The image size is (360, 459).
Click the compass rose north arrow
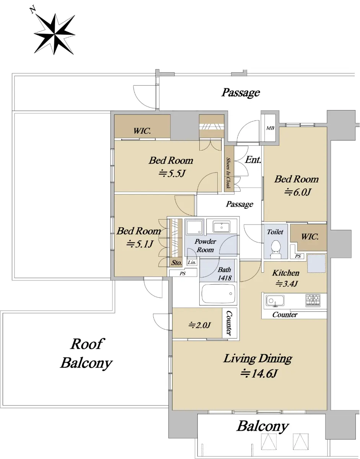tap(54, 34)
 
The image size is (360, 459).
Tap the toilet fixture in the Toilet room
tap(276, 249)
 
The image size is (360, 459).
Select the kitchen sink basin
tap(275, 301)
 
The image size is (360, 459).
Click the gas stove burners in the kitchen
tap(313, 300)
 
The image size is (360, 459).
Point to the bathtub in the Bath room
tap(219, 294)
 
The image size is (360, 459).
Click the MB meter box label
tap(270, 128)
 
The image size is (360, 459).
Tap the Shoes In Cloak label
tap(228, 173)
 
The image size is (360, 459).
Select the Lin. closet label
tap(192, 262)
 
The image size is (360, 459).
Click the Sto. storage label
tap(177, 263)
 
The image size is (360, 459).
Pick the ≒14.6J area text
tap(259, 374)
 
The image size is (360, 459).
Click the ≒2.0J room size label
tap(200, 325)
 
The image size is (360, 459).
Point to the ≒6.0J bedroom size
tap(298, 192)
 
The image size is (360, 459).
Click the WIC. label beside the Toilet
tap(310, 236)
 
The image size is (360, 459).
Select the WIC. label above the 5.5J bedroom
tap(142, 131)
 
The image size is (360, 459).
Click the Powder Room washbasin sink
tap(222, 227)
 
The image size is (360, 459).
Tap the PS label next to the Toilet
tap(298, 256)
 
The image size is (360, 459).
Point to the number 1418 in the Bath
tap(225, 278)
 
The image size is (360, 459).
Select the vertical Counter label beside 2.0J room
tap(229, 323)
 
